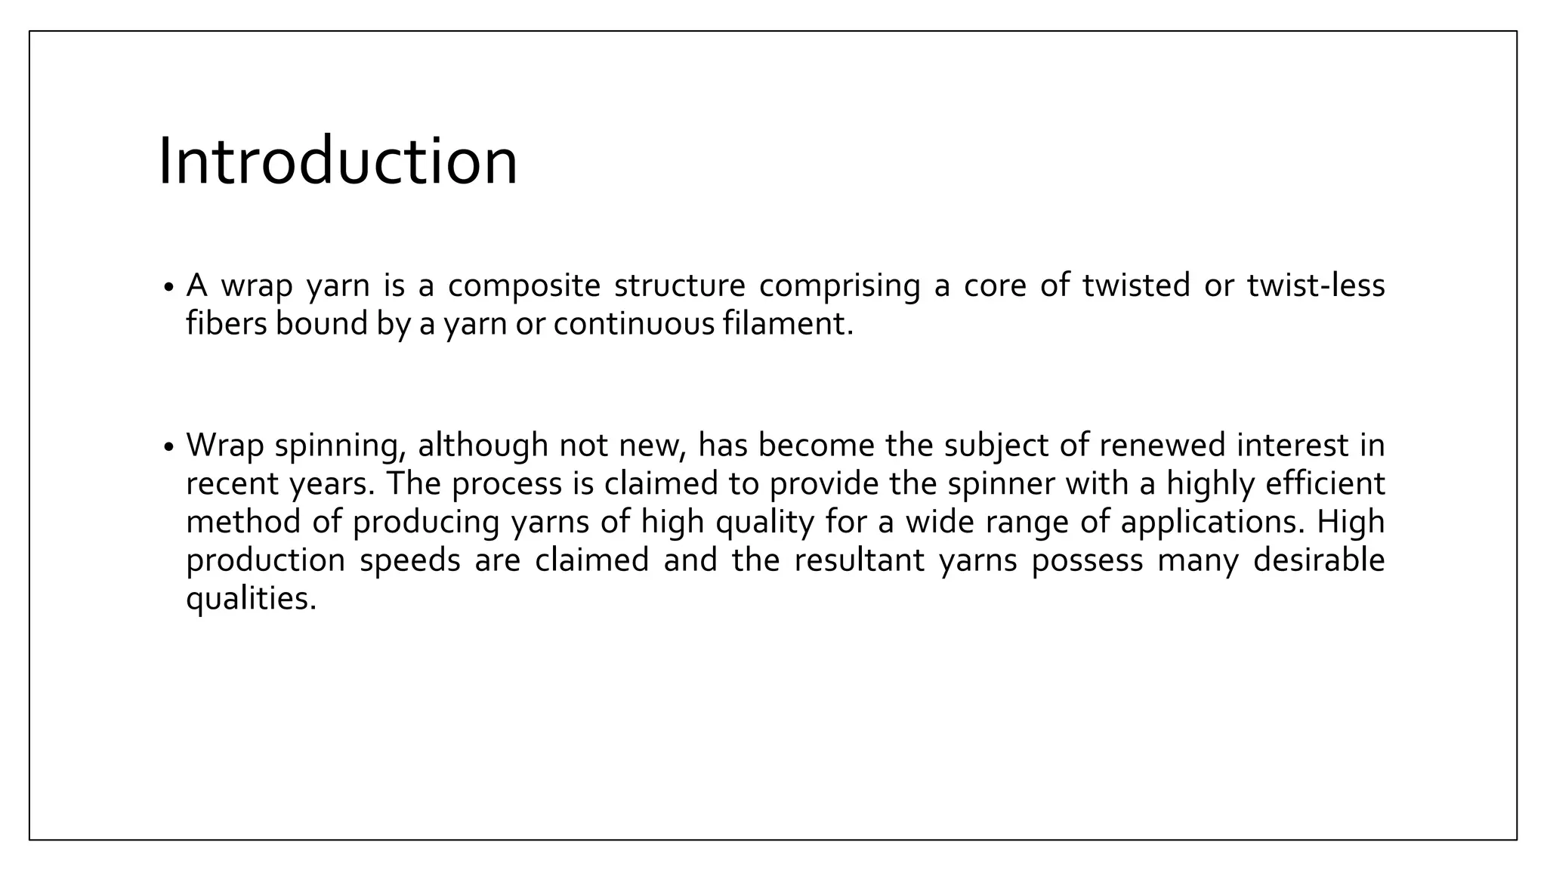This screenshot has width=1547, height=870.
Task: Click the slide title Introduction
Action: [x=338, y=162]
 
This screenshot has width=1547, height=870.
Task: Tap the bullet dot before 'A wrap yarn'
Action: [x=168, y=288]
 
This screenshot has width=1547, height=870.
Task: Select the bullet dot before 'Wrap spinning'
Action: [x=168, y=448]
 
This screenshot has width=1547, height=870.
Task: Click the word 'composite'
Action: [x=523, y=286]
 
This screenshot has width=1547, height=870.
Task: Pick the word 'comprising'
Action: [x=839, y=286]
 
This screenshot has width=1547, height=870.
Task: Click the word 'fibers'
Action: [x=227, y=324]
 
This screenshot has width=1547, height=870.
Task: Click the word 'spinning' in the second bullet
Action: [x=335, y=446]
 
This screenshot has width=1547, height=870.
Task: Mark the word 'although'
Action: [x=482, y=445]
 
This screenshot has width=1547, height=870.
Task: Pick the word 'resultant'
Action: [x=859, y=560]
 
